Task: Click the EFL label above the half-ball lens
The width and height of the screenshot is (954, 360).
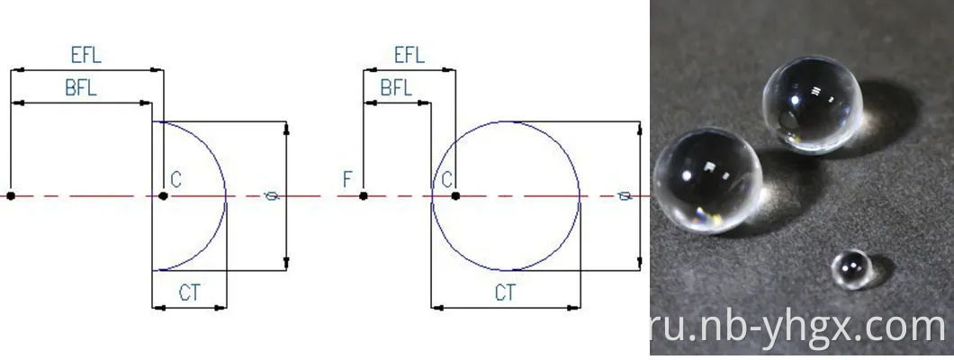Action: tap(85, 55)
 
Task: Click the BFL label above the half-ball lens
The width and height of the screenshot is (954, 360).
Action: tap(81, 88)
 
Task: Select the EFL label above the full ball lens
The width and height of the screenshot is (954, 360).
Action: tap(409, 55)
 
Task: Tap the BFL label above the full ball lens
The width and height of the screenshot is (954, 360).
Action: tap(396, 88)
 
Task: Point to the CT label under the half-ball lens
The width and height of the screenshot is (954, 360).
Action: tap(189, 293)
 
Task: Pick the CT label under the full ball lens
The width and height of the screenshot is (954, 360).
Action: tap(505, 293)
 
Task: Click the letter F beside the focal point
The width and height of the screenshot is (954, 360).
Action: tap(347, 179)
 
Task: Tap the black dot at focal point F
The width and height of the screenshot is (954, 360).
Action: tap(364, 196)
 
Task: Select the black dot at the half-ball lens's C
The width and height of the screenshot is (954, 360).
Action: tap(163, 196)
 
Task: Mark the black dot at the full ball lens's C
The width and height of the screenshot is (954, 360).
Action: tap(455, 196)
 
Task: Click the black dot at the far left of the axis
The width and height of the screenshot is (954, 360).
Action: tap(10, 196)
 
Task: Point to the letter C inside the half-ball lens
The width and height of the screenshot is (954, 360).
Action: tap(175, 179)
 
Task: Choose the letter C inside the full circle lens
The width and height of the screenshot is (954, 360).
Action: tap(447, 179)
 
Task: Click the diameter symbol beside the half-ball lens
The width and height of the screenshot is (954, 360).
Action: tap(272, 196)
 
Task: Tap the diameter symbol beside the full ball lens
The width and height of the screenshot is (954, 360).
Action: tap(625, 196)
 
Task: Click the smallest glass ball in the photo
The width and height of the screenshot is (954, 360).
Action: tap(852, 269)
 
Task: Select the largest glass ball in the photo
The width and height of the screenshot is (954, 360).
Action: tap(707, 180)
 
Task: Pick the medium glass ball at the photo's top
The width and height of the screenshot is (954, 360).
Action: tap(812, 104)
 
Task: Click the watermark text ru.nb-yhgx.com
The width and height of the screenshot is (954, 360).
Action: tap(798, 328)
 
